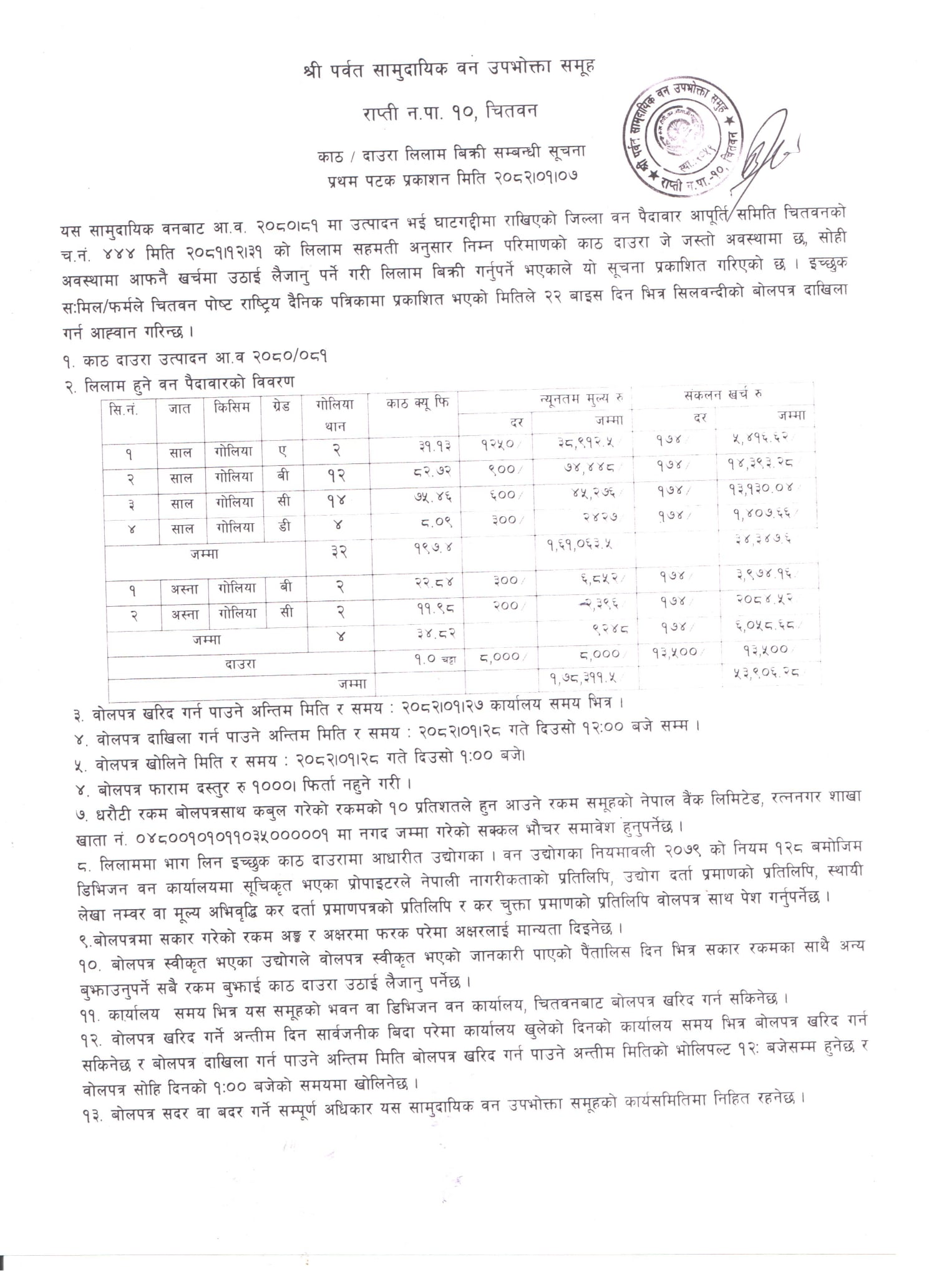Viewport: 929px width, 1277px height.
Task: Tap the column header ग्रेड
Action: point(281,408)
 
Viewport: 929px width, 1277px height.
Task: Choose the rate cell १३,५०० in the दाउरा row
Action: point(674,652)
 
